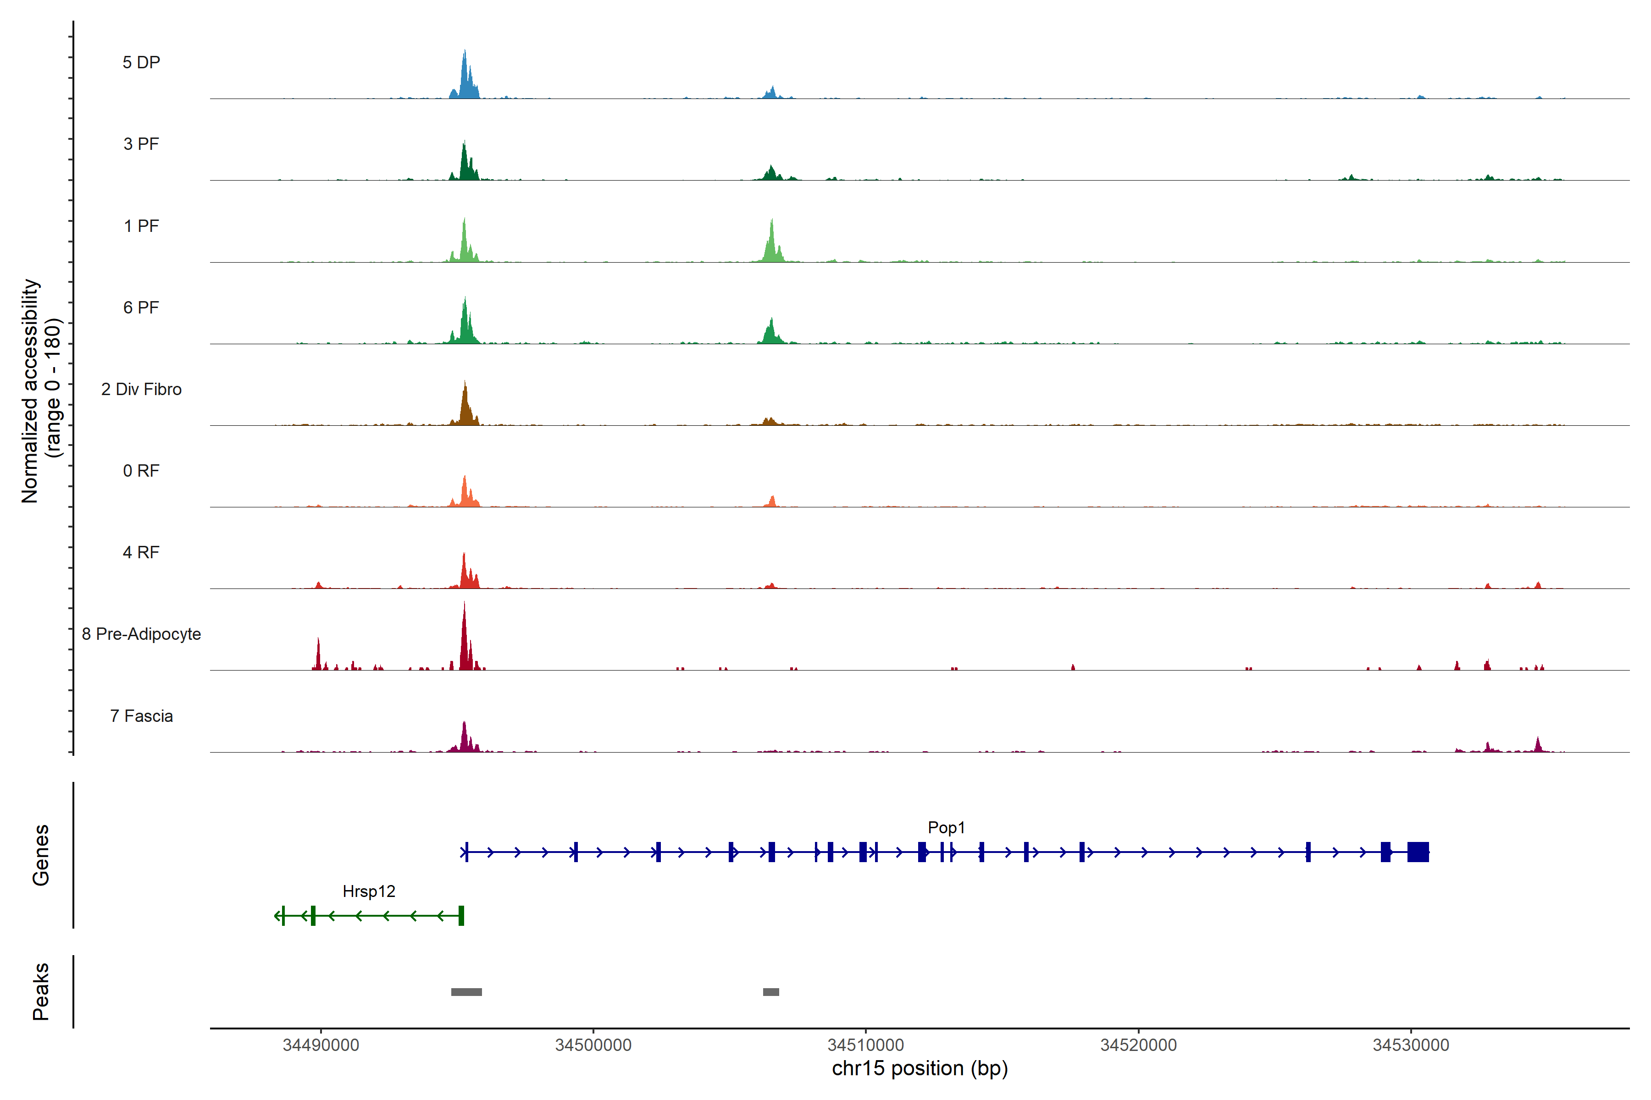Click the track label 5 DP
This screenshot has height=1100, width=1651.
141,62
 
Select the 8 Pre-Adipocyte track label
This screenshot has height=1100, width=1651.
141,634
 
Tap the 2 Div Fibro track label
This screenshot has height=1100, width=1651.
141,389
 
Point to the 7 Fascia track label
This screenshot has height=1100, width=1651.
141,716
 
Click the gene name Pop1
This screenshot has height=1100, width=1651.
946,828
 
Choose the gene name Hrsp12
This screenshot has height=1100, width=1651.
369,891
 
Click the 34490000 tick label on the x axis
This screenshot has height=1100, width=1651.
321,1045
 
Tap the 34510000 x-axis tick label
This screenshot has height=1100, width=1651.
865,1045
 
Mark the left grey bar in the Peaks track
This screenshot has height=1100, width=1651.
466,992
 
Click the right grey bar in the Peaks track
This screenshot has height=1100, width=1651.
771,992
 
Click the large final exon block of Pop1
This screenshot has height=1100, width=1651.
1418,852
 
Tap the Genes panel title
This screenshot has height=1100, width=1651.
41,855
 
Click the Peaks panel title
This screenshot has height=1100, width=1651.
41,991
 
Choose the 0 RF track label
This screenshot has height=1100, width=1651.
141,471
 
